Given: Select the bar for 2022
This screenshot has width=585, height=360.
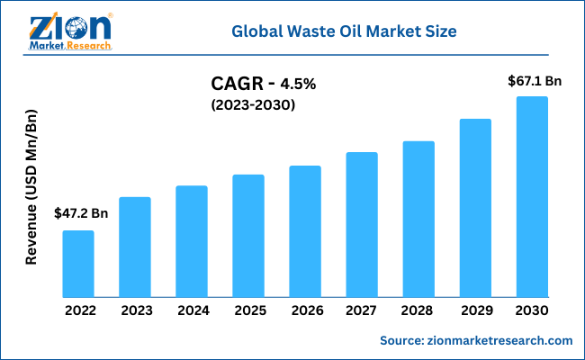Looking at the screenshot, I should [x=78, y=264].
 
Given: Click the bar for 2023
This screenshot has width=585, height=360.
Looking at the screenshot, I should [x=135, y=247].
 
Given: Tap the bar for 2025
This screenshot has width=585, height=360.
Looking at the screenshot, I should [x=248, y=236].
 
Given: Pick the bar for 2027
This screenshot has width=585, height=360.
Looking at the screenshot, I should [x=362, y=224].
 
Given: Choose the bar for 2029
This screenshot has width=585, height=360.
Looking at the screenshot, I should [x=475, y=208].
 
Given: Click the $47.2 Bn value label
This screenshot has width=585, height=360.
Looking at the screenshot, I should [x=81, y=213].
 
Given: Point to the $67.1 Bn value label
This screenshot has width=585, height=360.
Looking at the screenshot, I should [x=535, y=81].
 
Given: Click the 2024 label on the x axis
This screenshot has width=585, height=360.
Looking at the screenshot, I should [x=192, y=310].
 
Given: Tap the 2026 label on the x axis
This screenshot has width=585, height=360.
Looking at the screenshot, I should [x=305, y=310].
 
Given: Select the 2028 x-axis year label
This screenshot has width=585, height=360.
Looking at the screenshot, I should [x=418, y=310].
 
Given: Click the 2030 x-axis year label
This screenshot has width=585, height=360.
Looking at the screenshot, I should [x=532, y=310].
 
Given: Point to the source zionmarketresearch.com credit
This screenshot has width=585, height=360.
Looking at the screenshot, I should [x=476, y=340].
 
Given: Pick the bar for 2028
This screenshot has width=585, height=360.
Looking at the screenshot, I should [x=418, y=219].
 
